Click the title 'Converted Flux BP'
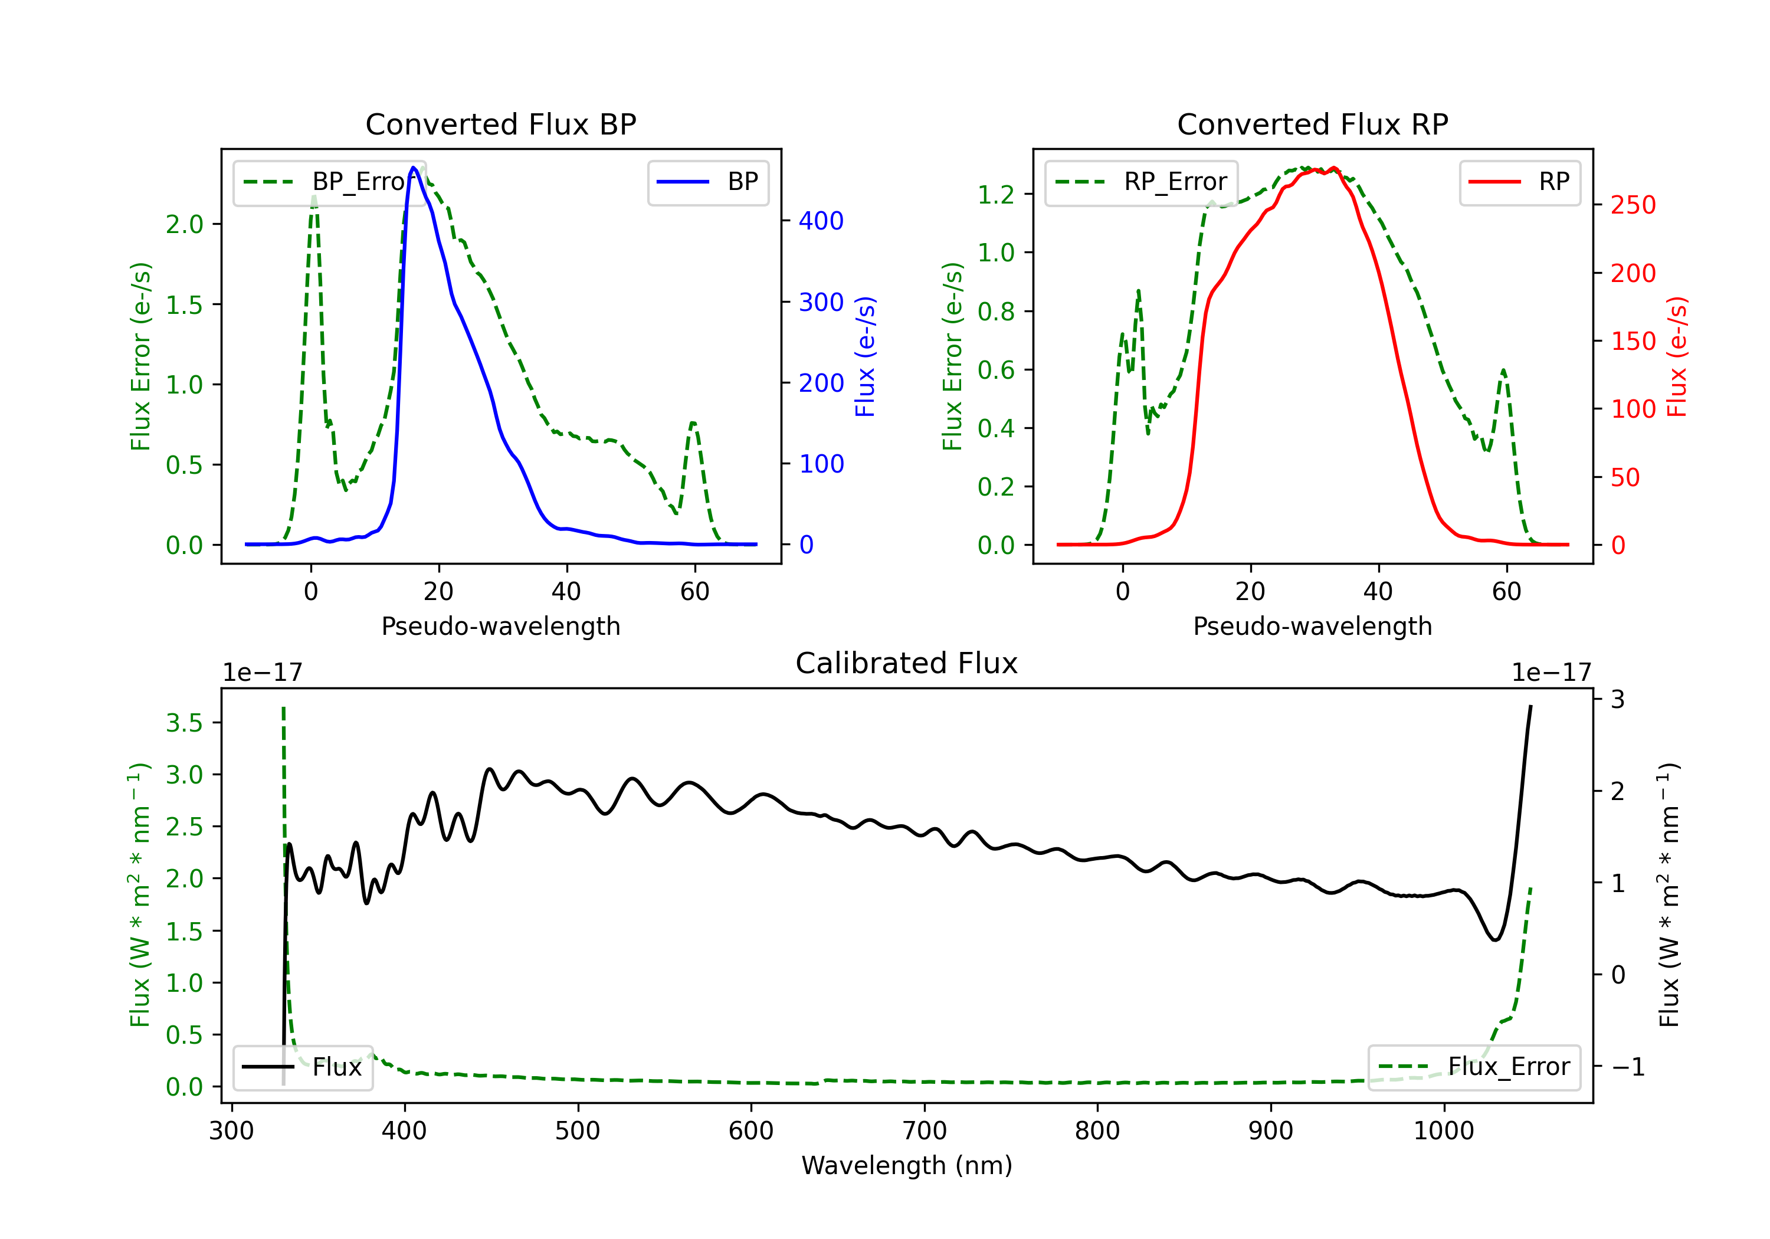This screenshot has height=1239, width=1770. coord(500,124)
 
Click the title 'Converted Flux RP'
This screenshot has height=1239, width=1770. coord(1312,124)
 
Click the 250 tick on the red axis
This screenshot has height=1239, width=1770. coord(1633,205)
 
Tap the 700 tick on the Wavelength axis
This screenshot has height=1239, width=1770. coord(925,1130)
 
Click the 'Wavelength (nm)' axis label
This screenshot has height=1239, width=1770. coord(907,1165)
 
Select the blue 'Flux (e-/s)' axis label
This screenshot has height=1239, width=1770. coord(865,356)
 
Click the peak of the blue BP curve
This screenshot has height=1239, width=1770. coord(414,168)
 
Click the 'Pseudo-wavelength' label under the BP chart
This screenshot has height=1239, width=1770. coord(500,626)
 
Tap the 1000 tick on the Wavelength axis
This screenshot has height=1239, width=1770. coord(1443,1130)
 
